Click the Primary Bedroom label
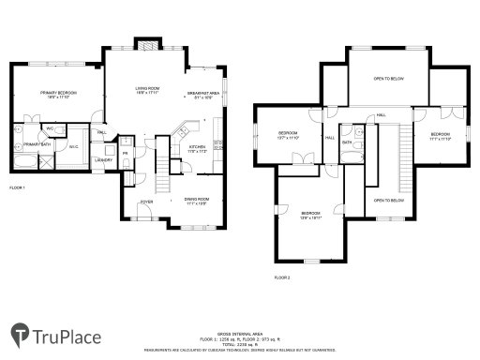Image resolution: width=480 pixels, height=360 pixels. (x=58, y=94)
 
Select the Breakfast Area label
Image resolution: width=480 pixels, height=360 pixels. (x=202, y=95)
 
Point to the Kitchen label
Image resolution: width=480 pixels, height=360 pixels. (x=198, y=149)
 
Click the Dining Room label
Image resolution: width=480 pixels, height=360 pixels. (x=196, y=200)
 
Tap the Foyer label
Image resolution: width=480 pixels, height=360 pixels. (x=146, y=202)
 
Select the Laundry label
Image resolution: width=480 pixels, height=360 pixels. (x=104, y=159)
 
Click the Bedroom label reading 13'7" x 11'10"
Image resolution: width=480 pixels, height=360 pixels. (x=288, y=135)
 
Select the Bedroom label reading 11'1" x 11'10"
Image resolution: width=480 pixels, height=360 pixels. (x=442, y=137)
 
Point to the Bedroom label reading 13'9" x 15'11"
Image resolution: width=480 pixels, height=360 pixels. (x=311, y=215)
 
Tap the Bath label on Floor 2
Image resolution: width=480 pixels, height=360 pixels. (x=346, y=142)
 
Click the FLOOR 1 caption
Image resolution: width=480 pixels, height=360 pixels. (x=17, y=188)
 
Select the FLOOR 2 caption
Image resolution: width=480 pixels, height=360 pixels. (x=282, y=278)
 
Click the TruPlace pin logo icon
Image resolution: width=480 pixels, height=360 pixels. (x=19, y=333)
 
